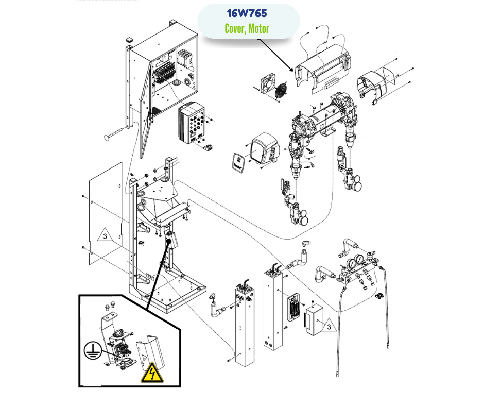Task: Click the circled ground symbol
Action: pos(92,351)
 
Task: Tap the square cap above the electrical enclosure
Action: pos(129,39)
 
